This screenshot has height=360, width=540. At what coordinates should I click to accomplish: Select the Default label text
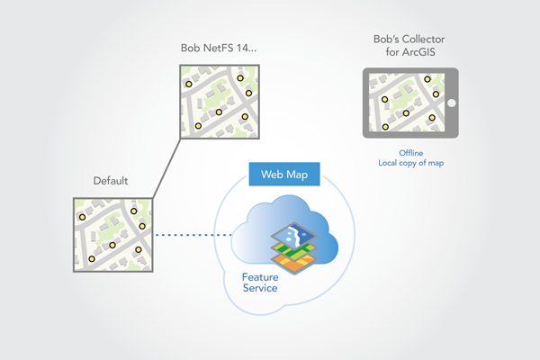110,181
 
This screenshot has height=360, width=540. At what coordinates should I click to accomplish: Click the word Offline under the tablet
410,153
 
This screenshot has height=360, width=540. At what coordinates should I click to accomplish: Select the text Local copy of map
410,164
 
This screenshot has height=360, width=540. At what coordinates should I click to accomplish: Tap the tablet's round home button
451,103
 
